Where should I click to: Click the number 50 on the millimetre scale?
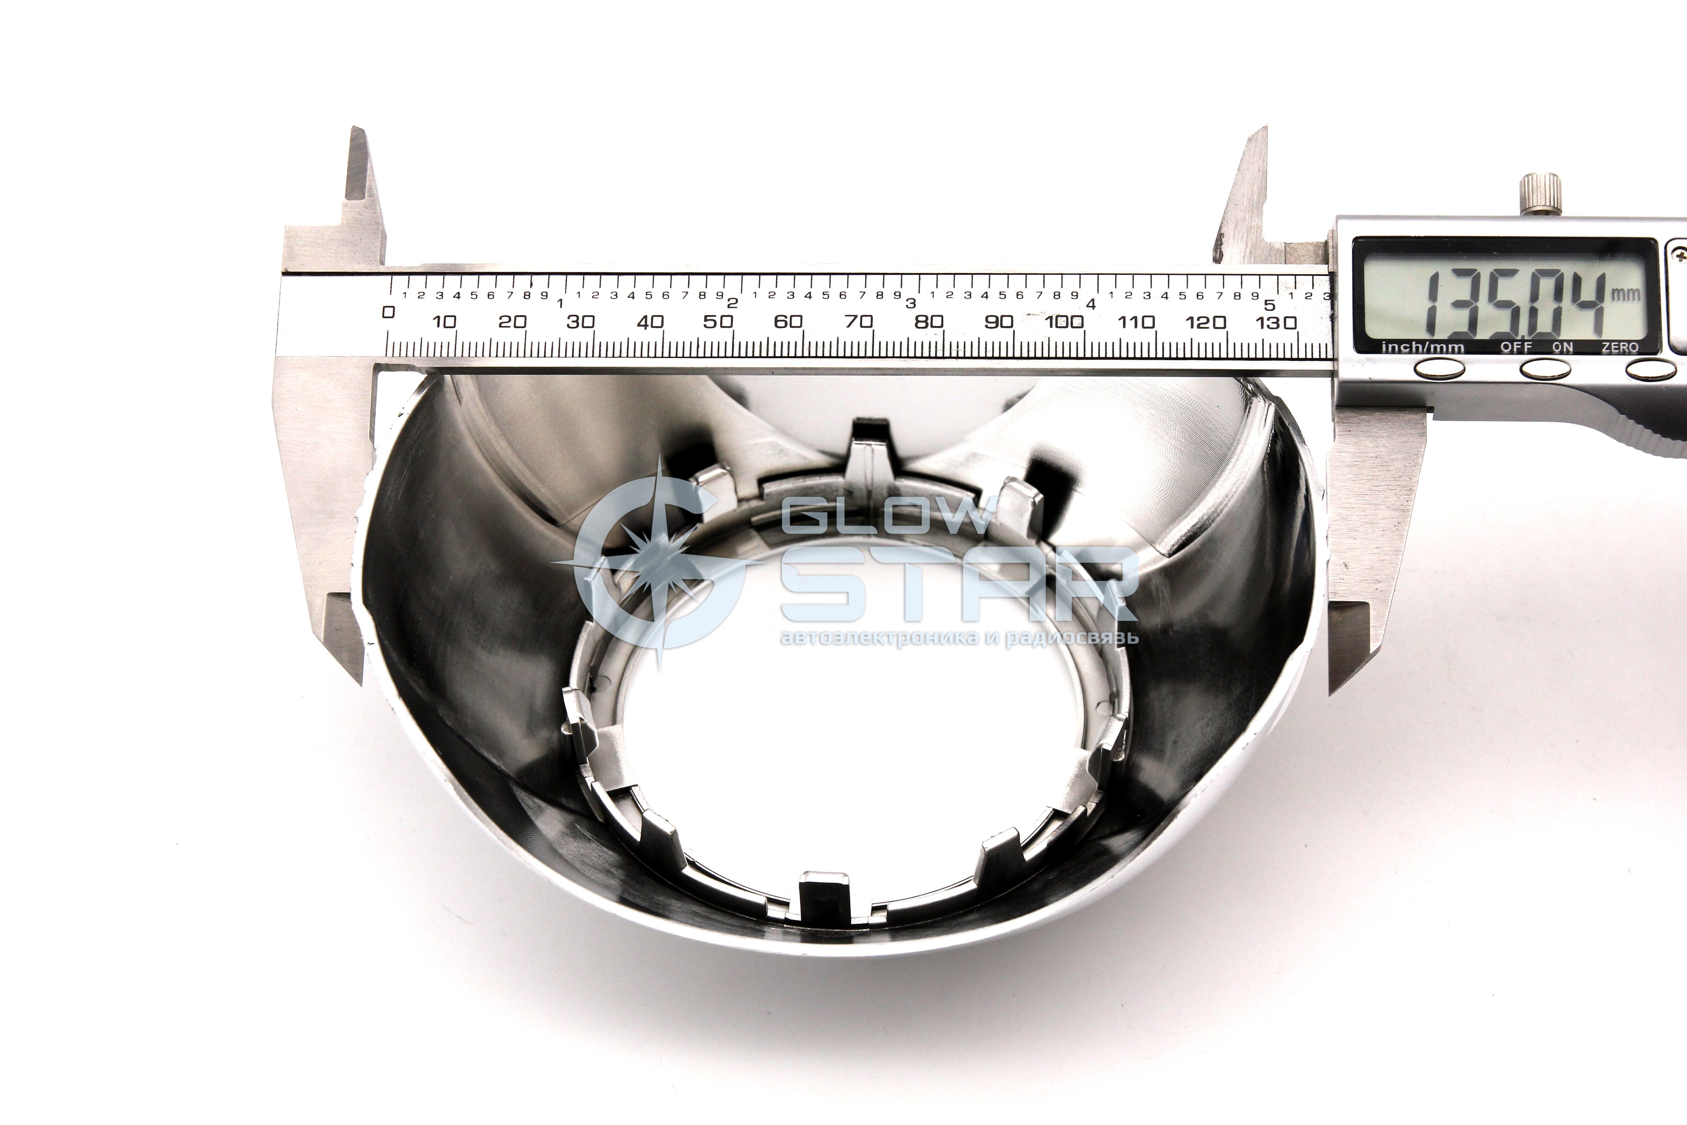pos(718,321)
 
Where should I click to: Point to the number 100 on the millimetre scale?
pos(1064,321)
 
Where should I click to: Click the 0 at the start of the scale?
pos(389,312)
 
